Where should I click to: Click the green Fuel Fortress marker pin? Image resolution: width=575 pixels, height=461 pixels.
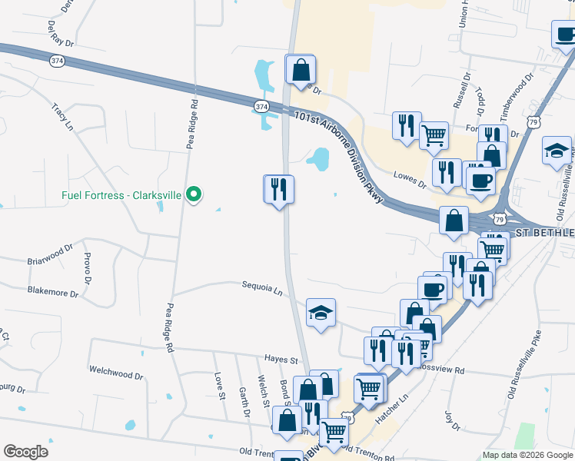[x=194, y=195]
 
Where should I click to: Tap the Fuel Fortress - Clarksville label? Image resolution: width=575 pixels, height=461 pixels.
[x=121, y=195]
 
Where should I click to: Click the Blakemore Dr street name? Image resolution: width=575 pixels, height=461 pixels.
[x=53, y=292]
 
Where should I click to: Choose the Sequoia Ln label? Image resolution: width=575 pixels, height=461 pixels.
[x=261, y=290]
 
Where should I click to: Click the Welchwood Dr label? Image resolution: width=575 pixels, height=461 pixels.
[x=116, y=374]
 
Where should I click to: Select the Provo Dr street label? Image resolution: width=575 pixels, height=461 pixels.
[x=88, y=265]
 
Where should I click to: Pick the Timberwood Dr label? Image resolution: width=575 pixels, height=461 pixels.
[x=516, y=97]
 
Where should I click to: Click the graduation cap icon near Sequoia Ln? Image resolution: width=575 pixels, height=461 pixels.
[x=321, y=312]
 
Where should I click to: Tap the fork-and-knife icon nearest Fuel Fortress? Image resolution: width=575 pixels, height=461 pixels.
[x=278, y=188]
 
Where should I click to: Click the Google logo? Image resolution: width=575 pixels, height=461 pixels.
[x=25, y=452]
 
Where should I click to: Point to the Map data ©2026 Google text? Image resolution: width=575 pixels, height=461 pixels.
[x=527, y=455]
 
